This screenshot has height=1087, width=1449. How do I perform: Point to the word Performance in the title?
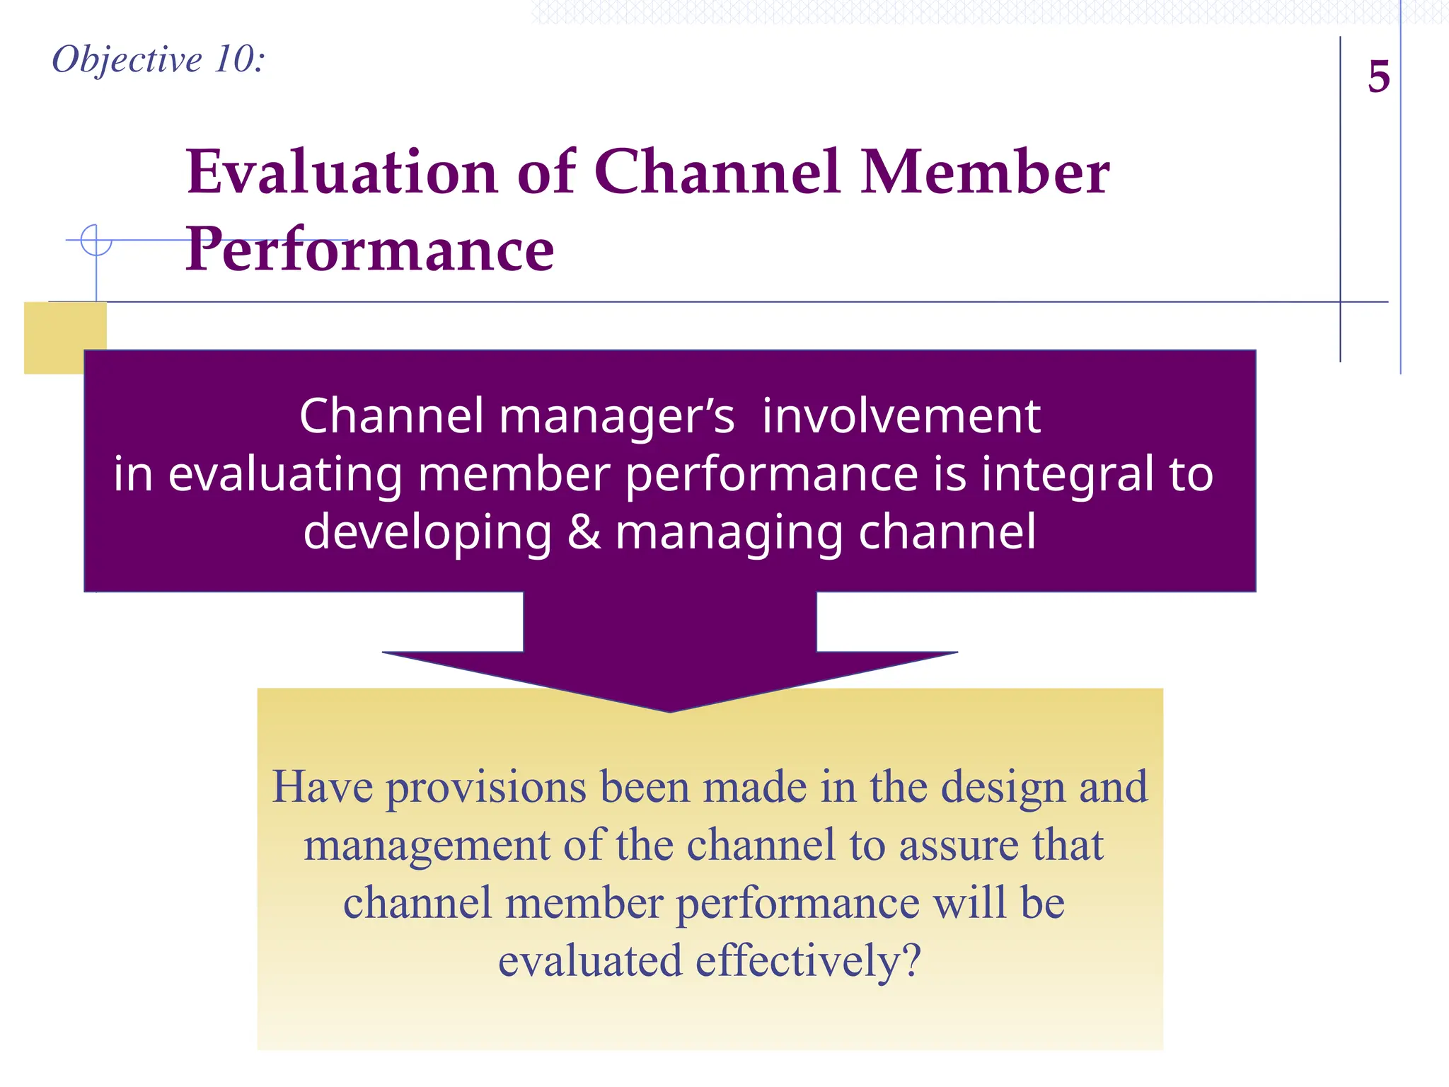click(x=369, y=249)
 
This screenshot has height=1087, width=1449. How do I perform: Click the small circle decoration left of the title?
click(x=96, y=240)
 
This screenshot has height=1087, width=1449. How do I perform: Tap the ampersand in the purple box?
click(x=584, y=532)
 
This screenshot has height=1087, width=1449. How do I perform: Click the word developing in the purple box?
click(x=427, y=532)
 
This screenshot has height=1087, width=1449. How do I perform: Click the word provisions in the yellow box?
click(x=486, y=788)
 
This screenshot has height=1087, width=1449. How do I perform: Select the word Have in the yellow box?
click(x=323, y=787)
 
